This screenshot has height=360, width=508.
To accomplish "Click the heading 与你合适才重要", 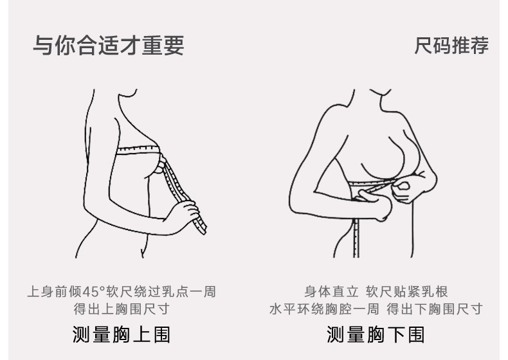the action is pyautogui.click(x=108, y=46).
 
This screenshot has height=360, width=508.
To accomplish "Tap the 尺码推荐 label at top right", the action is pyautogui.click(x=451, y=46).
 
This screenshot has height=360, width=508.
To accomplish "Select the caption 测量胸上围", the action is pyautogui.click(x=121, y=334).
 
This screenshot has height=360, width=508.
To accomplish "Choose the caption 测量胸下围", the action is pyautogui.click(x=376, y=334).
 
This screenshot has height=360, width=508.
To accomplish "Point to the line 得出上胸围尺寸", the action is pyautogui.click(x=121, y=309).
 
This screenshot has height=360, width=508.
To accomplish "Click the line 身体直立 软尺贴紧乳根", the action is pyautogui.click(x=376, y=292).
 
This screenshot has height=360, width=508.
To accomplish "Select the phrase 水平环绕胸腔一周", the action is pyautogui.click(x=324, y=309).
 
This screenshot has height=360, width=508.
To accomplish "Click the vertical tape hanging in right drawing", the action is pyautogui.click(x=356, y=238).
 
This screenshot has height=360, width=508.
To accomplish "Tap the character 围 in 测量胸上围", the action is pyautogui.click(x=161, y=334).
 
